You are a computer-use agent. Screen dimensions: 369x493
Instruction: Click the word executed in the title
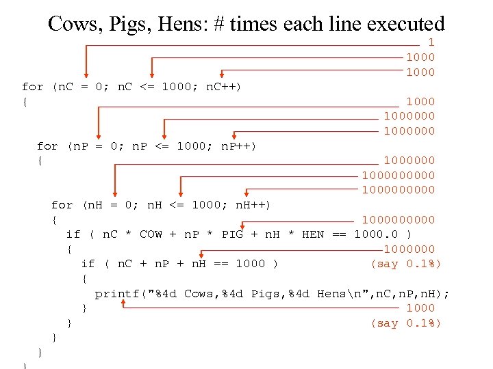pos(406,25)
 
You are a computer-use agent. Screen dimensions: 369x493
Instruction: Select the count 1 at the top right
pos(431,42)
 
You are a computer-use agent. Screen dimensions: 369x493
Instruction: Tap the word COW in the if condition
pos(151,234)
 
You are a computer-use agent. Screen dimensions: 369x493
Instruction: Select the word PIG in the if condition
pos(233,234)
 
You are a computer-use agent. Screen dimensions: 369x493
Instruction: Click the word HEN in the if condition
pos(313,234)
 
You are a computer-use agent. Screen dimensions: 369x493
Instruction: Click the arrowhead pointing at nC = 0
pos(86,77)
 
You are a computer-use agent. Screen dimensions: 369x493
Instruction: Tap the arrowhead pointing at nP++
pos(234,136)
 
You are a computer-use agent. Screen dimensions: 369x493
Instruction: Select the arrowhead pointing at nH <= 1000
pos(180,195)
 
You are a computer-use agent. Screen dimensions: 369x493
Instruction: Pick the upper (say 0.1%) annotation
pos(406,264)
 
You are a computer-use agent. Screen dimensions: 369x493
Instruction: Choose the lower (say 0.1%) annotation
pos(406,323)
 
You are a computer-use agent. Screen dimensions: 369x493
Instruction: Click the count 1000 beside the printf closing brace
pos(420,308)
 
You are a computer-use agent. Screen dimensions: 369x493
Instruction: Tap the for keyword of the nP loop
pos(47,146)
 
